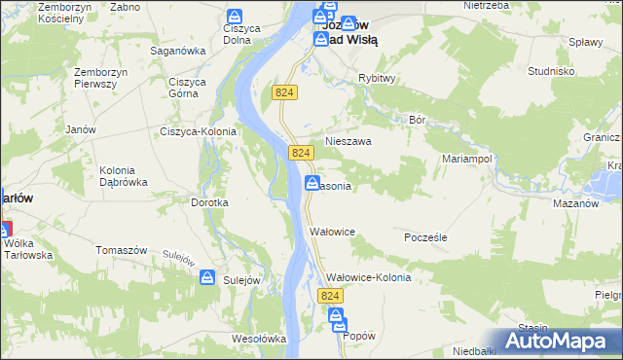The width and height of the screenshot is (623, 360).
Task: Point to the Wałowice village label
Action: point(332,232)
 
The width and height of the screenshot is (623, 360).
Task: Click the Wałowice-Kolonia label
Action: point(368,277)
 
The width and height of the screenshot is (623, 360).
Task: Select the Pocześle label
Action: point(425,237)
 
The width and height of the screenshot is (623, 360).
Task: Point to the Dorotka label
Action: point(209,203)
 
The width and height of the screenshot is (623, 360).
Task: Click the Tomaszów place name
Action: point(121,250)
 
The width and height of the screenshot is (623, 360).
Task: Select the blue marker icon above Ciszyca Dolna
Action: point(235,18)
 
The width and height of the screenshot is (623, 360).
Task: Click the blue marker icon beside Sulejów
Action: point(207,278)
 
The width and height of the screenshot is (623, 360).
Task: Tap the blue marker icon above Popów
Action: point(336,316)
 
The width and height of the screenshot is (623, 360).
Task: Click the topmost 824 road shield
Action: point(284,91)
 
